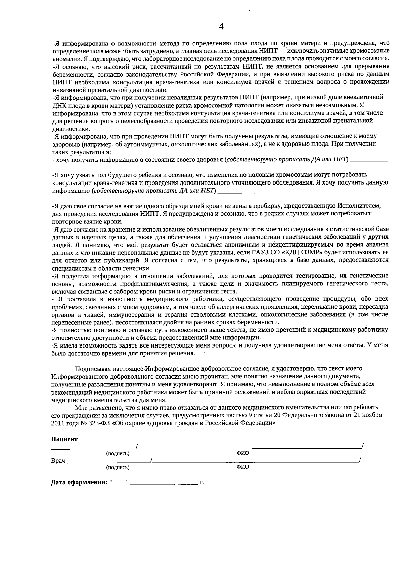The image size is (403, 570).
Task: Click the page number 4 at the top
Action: (221, 27)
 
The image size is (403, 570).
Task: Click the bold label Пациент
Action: (64, 439)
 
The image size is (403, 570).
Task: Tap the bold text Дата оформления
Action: (79, 483)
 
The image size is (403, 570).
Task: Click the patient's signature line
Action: (93, 448)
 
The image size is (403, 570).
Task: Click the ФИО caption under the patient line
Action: (242, 453)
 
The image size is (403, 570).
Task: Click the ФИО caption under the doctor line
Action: (242, 467)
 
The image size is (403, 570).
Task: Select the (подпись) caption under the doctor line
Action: (118, 467)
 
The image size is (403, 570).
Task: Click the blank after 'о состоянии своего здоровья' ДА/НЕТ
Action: (369, 160)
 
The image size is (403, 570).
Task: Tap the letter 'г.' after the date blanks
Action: (202, 483)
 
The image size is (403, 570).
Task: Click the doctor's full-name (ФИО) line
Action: (255, 461)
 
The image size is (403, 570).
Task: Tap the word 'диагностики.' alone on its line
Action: (67, 129)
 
